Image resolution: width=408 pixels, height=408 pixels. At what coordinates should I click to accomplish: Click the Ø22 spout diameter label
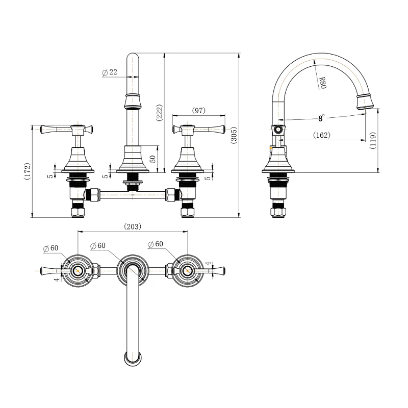click(110, 72)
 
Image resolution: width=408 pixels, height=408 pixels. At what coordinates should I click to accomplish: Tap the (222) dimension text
click(159, 112)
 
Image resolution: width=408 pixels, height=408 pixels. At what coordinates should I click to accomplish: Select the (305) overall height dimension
click(234, 135)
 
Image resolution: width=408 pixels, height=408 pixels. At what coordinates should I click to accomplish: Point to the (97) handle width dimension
click(199, 110)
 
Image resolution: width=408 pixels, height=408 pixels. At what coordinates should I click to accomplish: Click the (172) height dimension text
click(28, 171)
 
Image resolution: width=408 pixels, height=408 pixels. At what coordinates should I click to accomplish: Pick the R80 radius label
click(322, 83)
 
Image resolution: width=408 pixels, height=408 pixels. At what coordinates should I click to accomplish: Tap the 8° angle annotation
click(322, 118)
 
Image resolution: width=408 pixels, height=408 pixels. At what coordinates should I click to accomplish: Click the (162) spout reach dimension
click(322, 135)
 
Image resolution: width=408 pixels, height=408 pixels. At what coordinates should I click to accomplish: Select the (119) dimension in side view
click(373, 141)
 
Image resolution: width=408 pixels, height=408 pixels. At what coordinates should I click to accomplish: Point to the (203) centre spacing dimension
click(133, 226)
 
